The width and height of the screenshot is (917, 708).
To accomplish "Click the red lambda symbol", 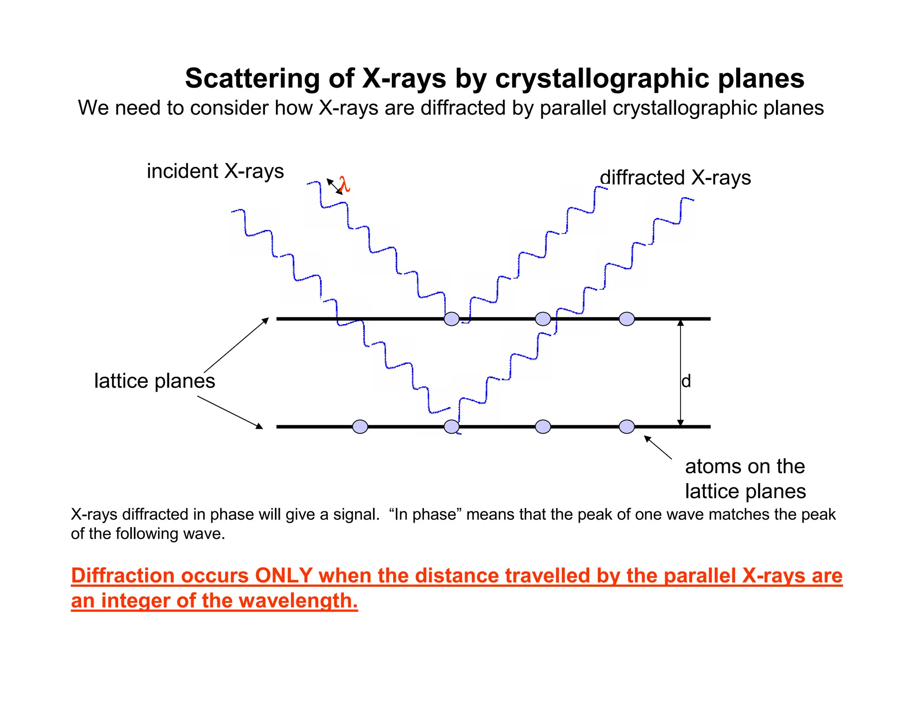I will click(x=344, y=184).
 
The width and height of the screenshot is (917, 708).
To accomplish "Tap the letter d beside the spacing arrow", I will click(x=686, y=381).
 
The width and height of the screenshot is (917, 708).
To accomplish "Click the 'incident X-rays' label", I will click(x=215, y=171).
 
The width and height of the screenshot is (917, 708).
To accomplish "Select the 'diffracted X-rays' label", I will click(x=675, y=177).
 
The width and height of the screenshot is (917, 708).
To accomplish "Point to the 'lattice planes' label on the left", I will click(x=154, y=381).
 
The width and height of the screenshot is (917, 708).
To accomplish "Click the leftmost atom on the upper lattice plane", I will click(x=451, y=319).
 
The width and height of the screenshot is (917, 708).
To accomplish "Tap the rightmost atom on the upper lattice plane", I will click(x=626, y=319).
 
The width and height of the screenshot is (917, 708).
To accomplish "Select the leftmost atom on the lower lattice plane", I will click(x=360, y=427).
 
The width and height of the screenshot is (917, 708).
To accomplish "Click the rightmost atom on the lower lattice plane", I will click(x=626, y=427).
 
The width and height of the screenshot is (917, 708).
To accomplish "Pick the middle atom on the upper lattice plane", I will click(x=543, y=319).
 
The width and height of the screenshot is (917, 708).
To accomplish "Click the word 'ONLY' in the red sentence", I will click(x=283, y=576).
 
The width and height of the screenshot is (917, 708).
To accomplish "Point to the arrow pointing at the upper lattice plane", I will click(x=236, y=345).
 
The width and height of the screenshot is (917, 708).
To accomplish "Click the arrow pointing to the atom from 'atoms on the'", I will click(x=658, y=447).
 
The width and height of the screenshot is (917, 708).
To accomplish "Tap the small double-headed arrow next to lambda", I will click(x=334, y=186).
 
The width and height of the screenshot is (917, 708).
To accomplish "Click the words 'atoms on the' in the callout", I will click(x=745, y=466).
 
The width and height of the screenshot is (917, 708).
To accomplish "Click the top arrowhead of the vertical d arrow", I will click(x=681, y=323).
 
